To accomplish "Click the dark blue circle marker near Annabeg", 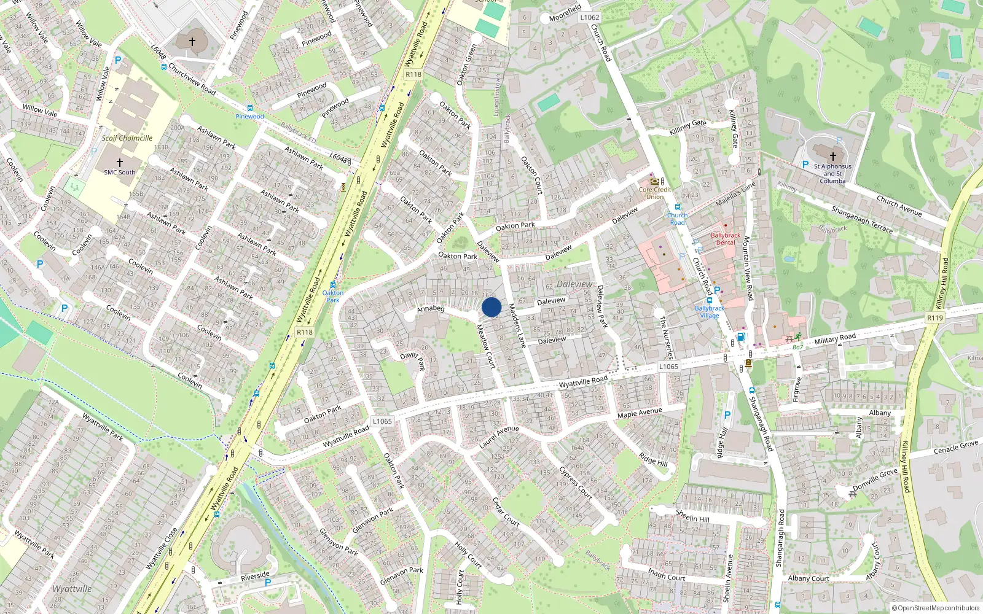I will pyautogui.click(x=491, y=307).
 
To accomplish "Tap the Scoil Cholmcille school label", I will pyautogui.click(x=127, y=138).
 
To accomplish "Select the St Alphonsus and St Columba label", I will pyautogui.click(x=832, y=174).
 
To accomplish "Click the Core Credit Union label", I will pyautogui.click(x=655, y=193).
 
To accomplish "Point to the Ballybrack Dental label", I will pyautogui.click(x=726, y=239).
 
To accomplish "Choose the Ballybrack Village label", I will pyautogui.click(x=710, y=312).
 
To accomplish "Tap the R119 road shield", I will pyautogui.click(x=934, y=317).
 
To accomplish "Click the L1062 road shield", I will pyautogui.click(x=589, y=17).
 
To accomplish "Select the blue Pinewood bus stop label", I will pyautogui.click(x=249, y=116).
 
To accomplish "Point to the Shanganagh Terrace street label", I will pyautogui.click(x=862, y=219).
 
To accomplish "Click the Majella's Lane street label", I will pyautogui.click(x=735, y=194).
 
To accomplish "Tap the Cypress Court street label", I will pyautogui.click(x=576, y=483).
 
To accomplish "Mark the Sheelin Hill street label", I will pyautogui.click(x=692, y=516).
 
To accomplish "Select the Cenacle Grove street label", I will pyautogui.click(x=955, y=447).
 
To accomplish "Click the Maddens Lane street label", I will pyautogui.click(x=517, y=325).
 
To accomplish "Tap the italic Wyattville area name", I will pyautogui.click(x=72, y=589).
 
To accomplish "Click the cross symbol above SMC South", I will pyautogui.click(x=120, y=163).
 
